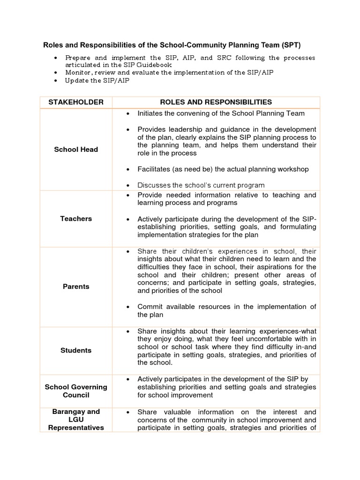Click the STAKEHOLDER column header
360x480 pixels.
click(75, 102)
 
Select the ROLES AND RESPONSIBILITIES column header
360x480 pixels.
click(216, 102)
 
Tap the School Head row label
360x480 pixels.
click(75, 150)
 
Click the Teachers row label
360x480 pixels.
click(75, 218)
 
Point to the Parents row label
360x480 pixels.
click(75, 286)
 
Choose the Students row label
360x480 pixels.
click(75, 350)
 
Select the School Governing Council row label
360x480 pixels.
click(75, 391)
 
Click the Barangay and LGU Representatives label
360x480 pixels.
click(75, 420)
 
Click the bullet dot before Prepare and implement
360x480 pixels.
click(56, 58)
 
